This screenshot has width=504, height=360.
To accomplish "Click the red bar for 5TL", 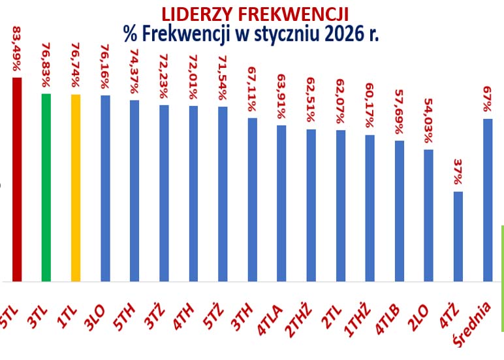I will pos(17,180).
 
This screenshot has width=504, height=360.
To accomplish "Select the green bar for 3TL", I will pos(46,188).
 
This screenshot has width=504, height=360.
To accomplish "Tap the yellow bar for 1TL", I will pos(76,188).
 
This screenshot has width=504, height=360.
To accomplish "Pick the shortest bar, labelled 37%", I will pos(458,237).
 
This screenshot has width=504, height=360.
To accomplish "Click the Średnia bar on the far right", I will pos(487,200).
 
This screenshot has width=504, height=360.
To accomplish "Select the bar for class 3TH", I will pos(252,200).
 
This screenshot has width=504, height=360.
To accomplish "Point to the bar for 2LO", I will pos(428,216).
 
